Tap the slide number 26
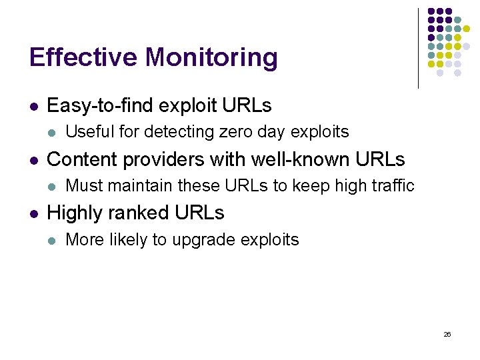point(447,334)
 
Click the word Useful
point(87,132)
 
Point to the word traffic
point(394,185)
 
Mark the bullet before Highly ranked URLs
point(33,214)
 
